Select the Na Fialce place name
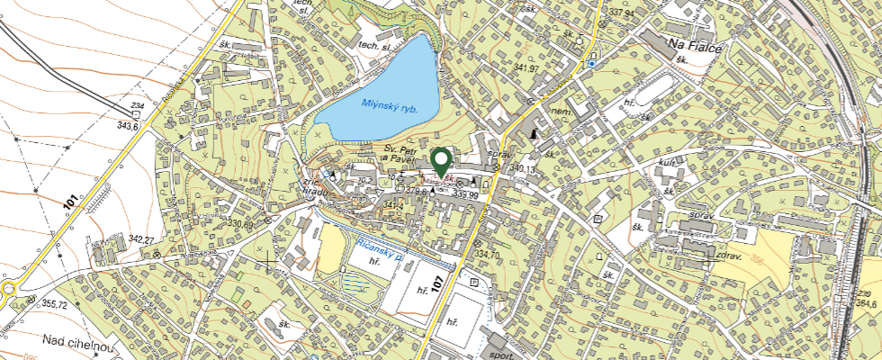click(x=695, y=45)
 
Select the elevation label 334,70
click(x=486, y=255)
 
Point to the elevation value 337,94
click(x=622, y=13)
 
